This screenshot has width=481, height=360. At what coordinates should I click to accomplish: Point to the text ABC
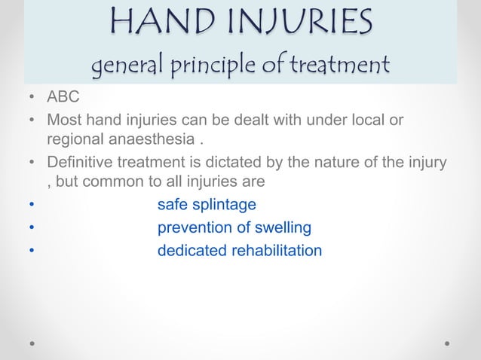tap(63, 99)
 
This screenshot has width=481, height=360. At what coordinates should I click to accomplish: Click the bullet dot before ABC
tap(31, 99)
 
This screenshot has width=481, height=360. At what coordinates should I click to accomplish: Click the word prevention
tap(190, 227)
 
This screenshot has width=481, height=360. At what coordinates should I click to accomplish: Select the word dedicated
tap(188, 250)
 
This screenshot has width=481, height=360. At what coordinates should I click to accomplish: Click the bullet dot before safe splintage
tap(31, 206)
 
